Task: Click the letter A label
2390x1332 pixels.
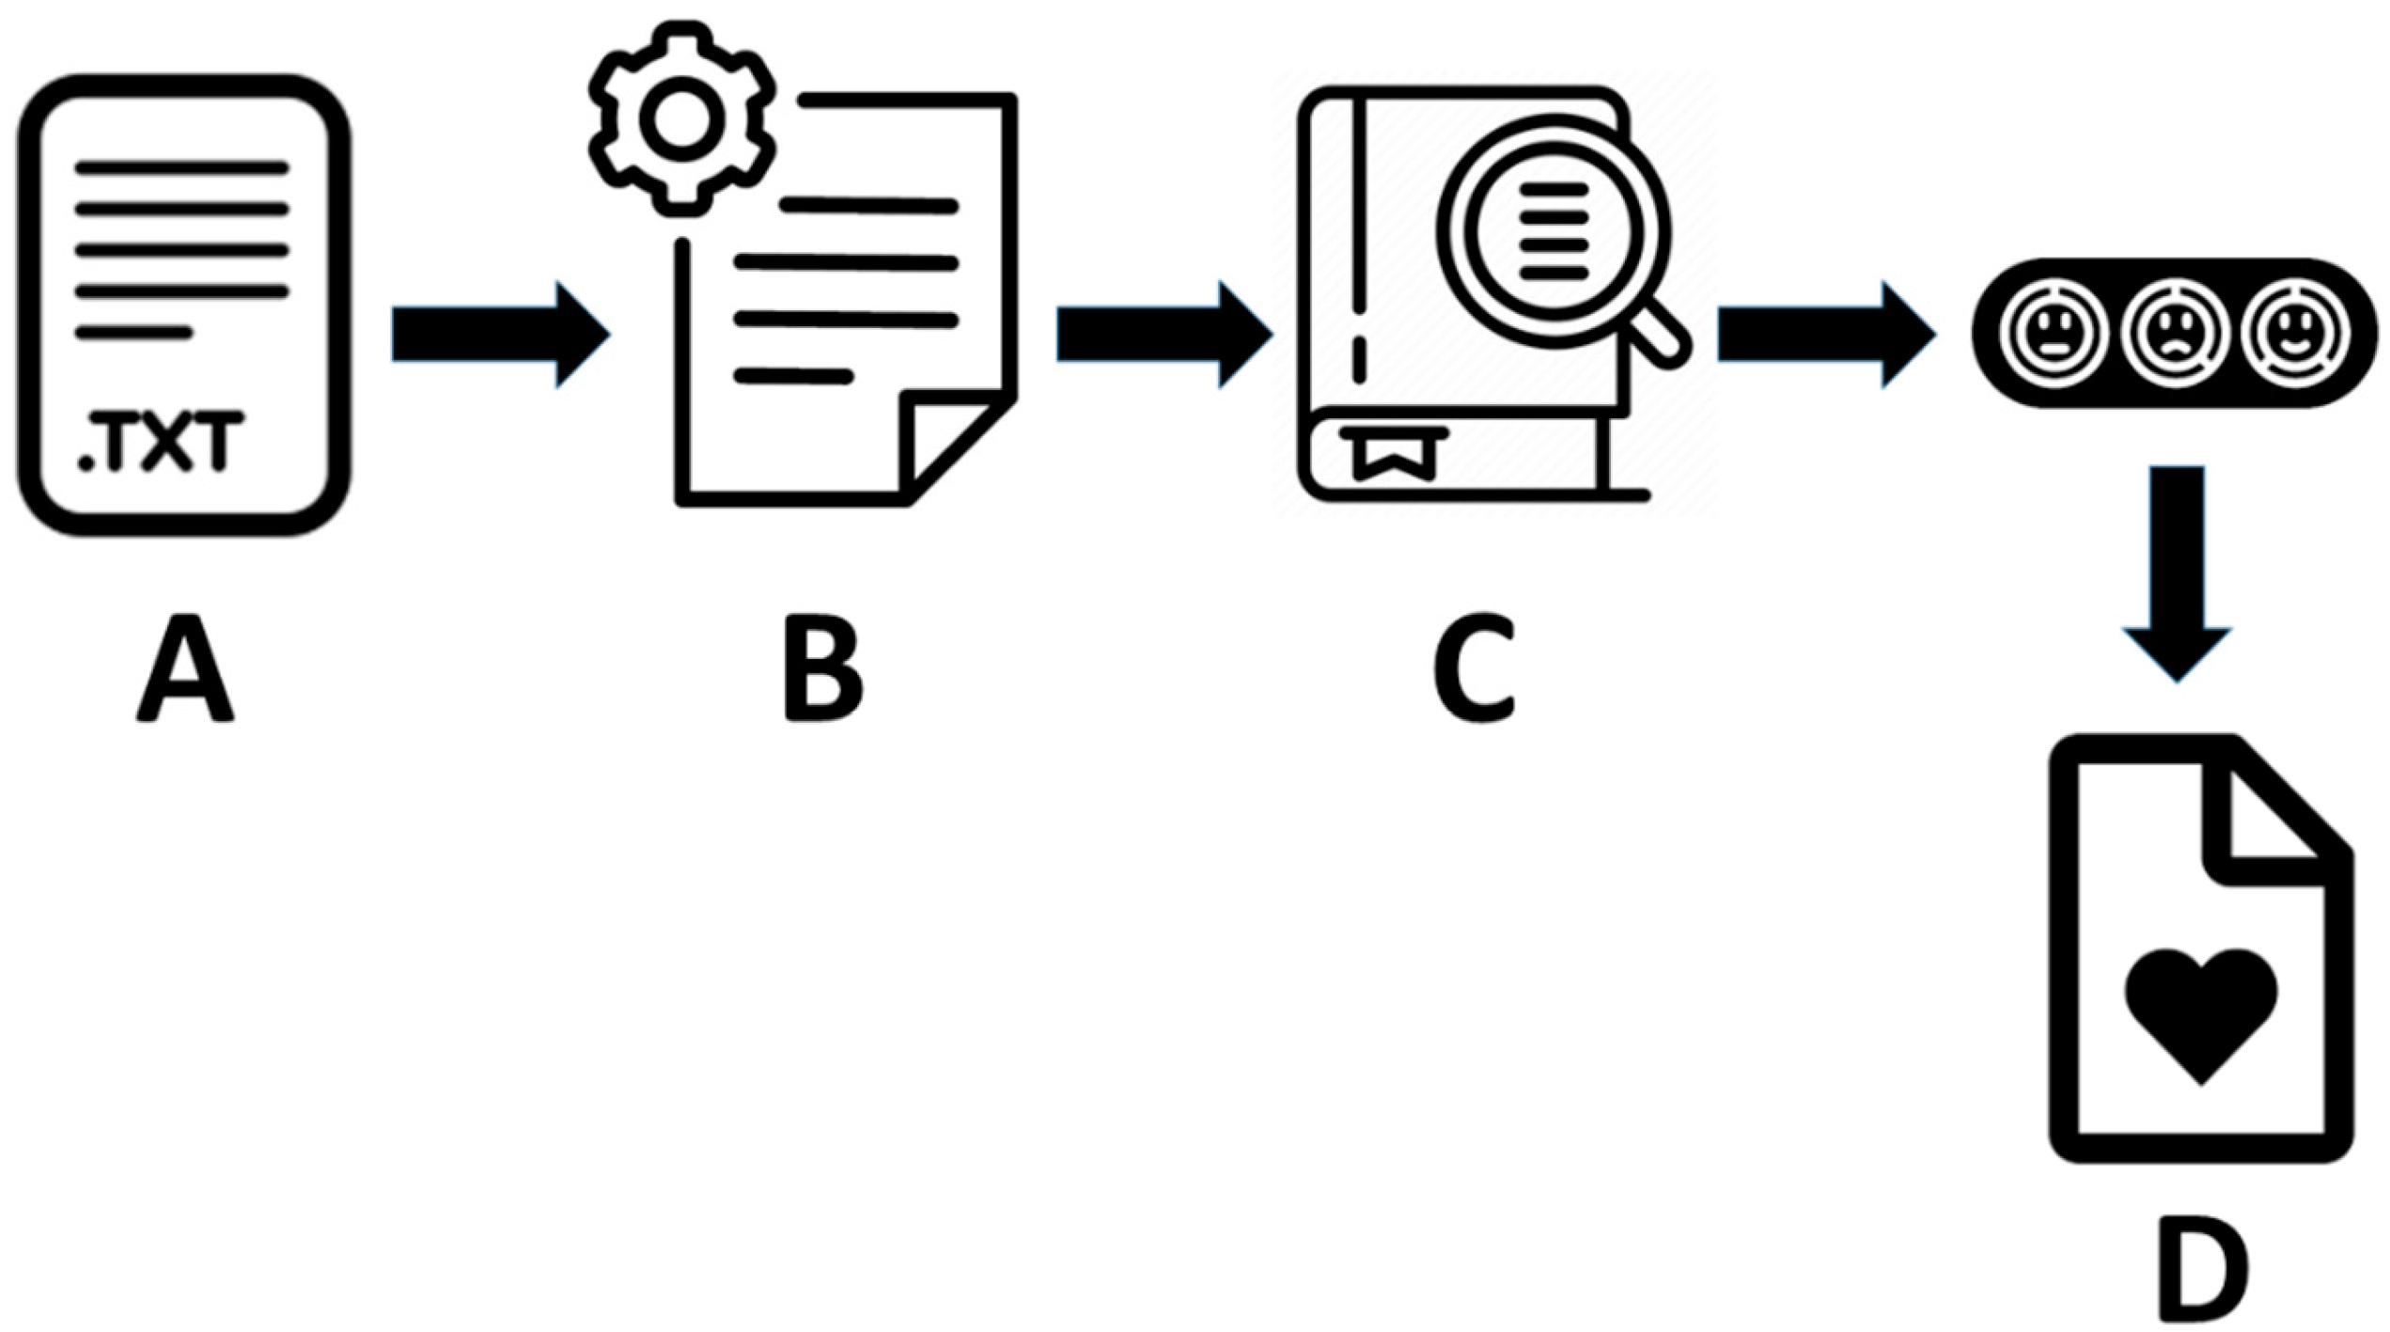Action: [x=185, y=669]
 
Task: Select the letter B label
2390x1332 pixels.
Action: [x=823, y=669]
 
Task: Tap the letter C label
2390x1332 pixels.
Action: [x=1475, y=669]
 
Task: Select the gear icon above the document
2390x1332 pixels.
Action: [x=681, y=119]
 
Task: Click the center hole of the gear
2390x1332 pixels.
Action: [x=681, y=119]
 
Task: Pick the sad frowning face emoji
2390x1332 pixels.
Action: [x=2175, y=334]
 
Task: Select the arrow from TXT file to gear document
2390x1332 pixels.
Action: [x=499, y=334]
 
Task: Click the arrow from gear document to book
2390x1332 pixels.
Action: [x=1164, y=334]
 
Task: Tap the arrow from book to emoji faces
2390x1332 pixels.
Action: [x=1825, y=334]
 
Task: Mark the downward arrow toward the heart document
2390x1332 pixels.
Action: [x=2177, y=573]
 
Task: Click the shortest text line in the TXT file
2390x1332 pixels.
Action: [x=134, y=333]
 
